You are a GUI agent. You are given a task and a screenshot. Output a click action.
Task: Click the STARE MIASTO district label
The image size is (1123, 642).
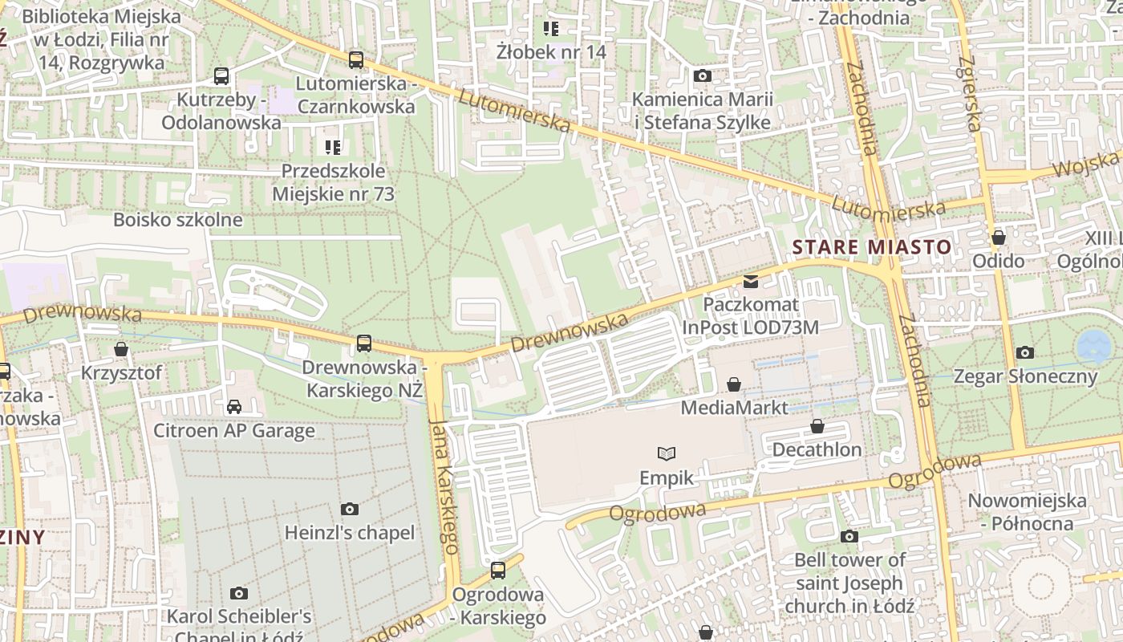(871, 247)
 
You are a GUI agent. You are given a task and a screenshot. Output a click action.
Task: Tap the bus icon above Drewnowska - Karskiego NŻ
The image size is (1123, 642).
(364, 343)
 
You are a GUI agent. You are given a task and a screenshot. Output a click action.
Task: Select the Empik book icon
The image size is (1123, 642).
(667, 453)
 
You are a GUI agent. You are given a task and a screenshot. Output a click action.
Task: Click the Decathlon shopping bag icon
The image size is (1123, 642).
(817, 426)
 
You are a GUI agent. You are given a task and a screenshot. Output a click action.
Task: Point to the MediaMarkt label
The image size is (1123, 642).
(734, 408)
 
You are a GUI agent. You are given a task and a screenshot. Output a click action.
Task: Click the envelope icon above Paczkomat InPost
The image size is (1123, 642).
(750, 281)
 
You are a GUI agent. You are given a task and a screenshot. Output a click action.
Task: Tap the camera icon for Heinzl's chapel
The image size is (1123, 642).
(349, 509)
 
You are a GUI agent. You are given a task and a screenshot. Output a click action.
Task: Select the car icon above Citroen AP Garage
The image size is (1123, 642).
(234, 407)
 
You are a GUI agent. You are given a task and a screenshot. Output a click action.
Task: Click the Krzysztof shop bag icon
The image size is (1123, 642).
(121, 349)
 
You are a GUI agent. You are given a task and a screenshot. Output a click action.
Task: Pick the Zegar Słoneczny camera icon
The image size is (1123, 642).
(1024, 352)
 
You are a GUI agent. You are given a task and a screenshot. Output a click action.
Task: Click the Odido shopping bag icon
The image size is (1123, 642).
(998, 238)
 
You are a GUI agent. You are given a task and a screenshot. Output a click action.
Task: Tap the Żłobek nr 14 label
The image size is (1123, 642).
(550, 52)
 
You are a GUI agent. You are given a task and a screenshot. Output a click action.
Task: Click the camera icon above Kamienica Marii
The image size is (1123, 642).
(703, 75)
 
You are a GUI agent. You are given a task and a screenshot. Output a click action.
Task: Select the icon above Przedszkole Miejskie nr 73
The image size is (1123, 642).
(333, 147)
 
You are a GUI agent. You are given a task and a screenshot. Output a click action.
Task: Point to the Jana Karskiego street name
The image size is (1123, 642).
(444, 486)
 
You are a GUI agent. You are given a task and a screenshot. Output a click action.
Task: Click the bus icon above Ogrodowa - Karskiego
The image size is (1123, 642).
(498, 571)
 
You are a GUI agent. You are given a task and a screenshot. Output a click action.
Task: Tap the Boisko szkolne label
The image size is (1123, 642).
(177, 220)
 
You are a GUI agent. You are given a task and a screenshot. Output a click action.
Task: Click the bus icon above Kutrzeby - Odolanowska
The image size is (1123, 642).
(221, 76)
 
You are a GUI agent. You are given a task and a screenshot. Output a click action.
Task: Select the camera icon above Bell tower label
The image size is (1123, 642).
(849, 536)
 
